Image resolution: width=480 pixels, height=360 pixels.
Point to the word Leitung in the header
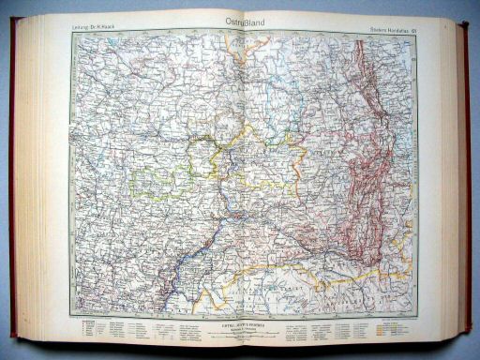(x=82, y=26)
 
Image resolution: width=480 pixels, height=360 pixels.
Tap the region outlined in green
(x=159, y=178)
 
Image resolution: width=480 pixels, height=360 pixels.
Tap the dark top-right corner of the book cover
(x=464, y=24)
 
